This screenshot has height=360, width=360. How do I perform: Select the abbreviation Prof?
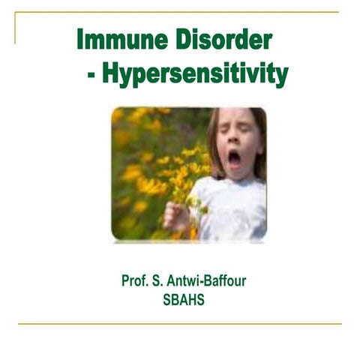pyautogui.click(x=136, y=281)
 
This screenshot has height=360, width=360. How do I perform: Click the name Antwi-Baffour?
pyautogui.click(x=206, y=281)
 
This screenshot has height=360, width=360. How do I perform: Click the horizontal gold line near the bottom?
pyautogui.click(x=180, y=324)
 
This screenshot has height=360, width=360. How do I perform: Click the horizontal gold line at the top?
pyautogui.click(x=180, y=13)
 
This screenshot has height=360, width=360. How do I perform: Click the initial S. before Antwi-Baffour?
pyautogui.click(x=162, y=281)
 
